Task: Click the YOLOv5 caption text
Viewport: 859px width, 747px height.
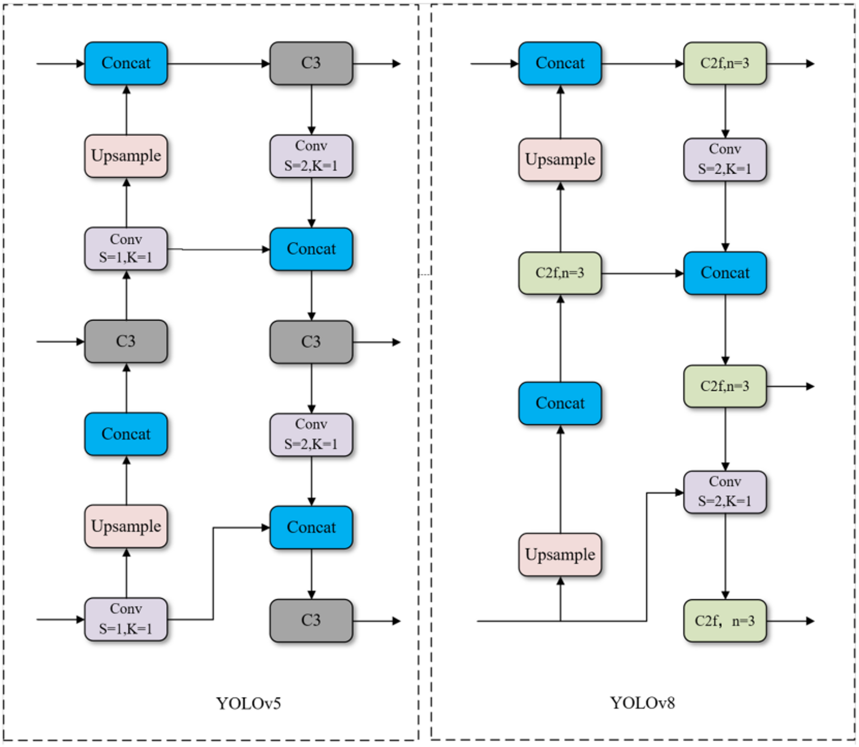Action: pyautogui.click(x=249, y=703)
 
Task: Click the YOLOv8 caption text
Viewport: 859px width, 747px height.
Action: pyautogui.click(x=643, y=703)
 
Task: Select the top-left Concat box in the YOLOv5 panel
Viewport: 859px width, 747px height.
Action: pyautogui.click(x=126, y=63)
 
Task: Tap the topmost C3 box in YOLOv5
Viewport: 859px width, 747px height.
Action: pyautogui.click(x=311, y=63)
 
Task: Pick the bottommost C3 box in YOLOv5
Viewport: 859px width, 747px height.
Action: pyautogui.click(x=311, y=620)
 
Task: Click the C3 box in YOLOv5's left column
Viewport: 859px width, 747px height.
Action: pyautogui.click(x=126, y=341)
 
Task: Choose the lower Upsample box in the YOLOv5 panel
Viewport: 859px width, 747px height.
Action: pyautogui.click(x=126, y=526)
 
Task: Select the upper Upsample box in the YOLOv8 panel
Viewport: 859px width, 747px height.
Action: pyautogui.click(x=560, y=159)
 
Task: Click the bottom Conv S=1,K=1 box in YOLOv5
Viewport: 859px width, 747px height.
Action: pyautogui.click(x=126, y=619)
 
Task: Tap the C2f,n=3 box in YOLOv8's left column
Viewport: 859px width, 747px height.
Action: pyautogui.click(x=560, y=273)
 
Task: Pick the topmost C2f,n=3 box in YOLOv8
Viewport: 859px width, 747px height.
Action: pyautogui.click(x=725, y=63)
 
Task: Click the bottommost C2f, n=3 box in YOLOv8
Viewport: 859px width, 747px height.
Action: pyautogui.click(x=725, y=621)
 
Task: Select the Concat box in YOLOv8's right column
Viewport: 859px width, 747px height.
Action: pyautogui.click(x=725, y=273)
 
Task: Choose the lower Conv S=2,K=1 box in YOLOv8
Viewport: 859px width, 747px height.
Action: pyautogui.click(x=725, y=491)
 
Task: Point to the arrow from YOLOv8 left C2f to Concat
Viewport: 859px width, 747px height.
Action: pyautogui.click(x=642, y=273)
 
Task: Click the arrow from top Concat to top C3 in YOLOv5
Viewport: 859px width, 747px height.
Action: pyautogui.click(x=218, y=64)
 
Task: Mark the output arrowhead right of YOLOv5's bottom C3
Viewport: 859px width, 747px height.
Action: pyautogui.click(x=396, y=621)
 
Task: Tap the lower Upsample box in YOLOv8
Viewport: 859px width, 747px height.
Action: pyautogui.click(x=560, y=554)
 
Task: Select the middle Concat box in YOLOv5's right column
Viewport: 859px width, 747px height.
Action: pyautogui.click(x=311, y=249)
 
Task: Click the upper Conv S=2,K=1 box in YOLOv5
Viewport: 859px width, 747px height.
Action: pyautogui.click(x=311, y=156)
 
